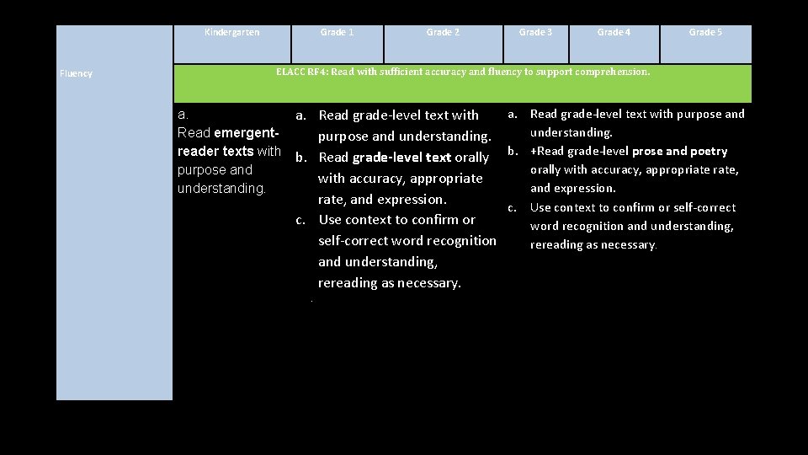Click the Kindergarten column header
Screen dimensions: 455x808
click(x=232, y=33)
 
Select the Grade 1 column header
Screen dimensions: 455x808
click(x=337, y=33)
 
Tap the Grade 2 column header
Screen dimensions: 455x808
click(x=443, y=33)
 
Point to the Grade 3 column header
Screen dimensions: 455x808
click(x=535, y=33)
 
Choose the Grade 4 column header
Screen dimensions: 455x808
click(x=614, y=33)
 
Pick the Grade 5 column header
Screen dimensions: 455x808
click(x=705, y=33)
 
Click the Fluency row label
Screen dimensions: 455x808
click(x=77, y=73)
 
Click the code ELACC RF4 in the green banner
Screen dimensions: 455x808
click(x=301, y=72)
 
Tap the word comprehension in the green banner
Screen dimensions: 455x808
click(x=612, y=72)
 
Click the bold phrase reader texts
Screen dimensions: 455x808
click(x=215, y=152)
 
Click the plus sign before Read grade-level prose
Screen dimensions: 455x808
click(x=533, y=152)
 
